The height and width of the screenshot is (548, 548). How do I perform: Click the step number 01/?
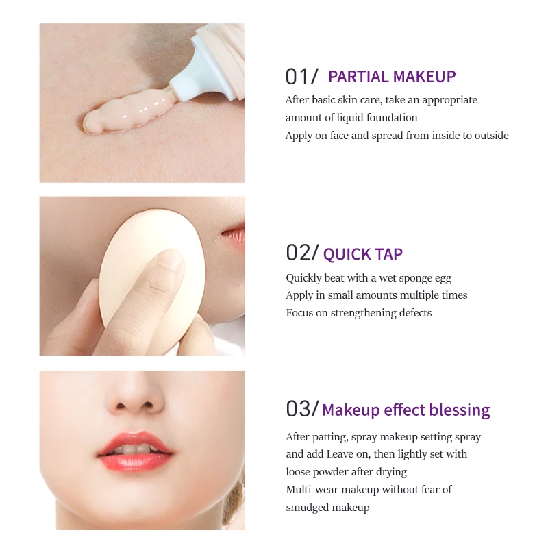click(302, 77)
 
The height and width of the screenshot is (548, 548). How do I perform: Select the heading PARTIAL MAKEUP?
click(392, 77)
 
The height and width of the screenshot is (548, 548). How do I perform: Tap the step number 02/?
click(302, 253)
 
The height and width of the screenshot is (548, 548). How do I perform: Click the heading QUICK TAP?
click(363, 255)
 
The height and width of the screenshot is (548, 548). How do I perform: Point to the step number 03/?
click(302, 409)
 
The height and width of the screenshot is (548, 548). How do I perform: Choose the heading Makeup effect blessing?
click(406, 410)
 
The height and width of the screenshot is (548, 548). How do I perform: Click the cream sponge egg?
click(134, 274)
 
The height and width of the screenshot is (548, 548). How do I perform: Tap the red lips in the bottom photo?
click(135, 452)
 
